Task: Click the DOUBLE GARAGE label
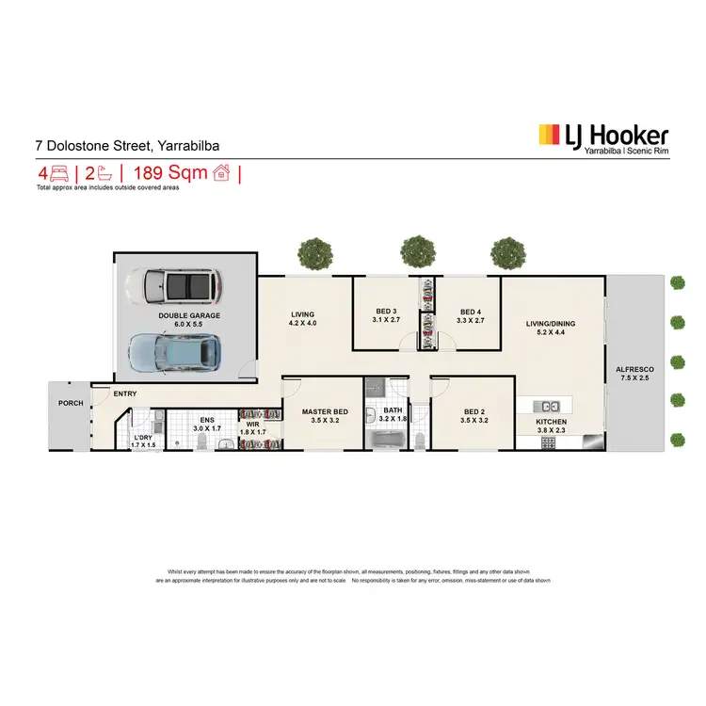pyautogui.click(x=188, y=315)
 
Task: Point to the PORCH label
pyautogui.click(x=71, y=403)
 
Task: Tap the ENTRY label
pyautogui.click(x=126, y=394)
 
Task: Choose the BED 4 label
pyautogui.click(x=471, y=312)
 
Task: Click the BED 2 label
pyautogui.click(x=475, y=411)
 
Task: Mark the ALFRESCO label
pyautogui.click(x=633, y=370)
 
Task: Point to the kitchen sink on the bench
pyautogui.click(x=577, y=406)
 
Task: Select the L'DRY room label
pyautogui.click(x=143, y=438)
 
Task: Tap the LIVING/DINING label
pyautogui.click(x=550, y=324)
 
